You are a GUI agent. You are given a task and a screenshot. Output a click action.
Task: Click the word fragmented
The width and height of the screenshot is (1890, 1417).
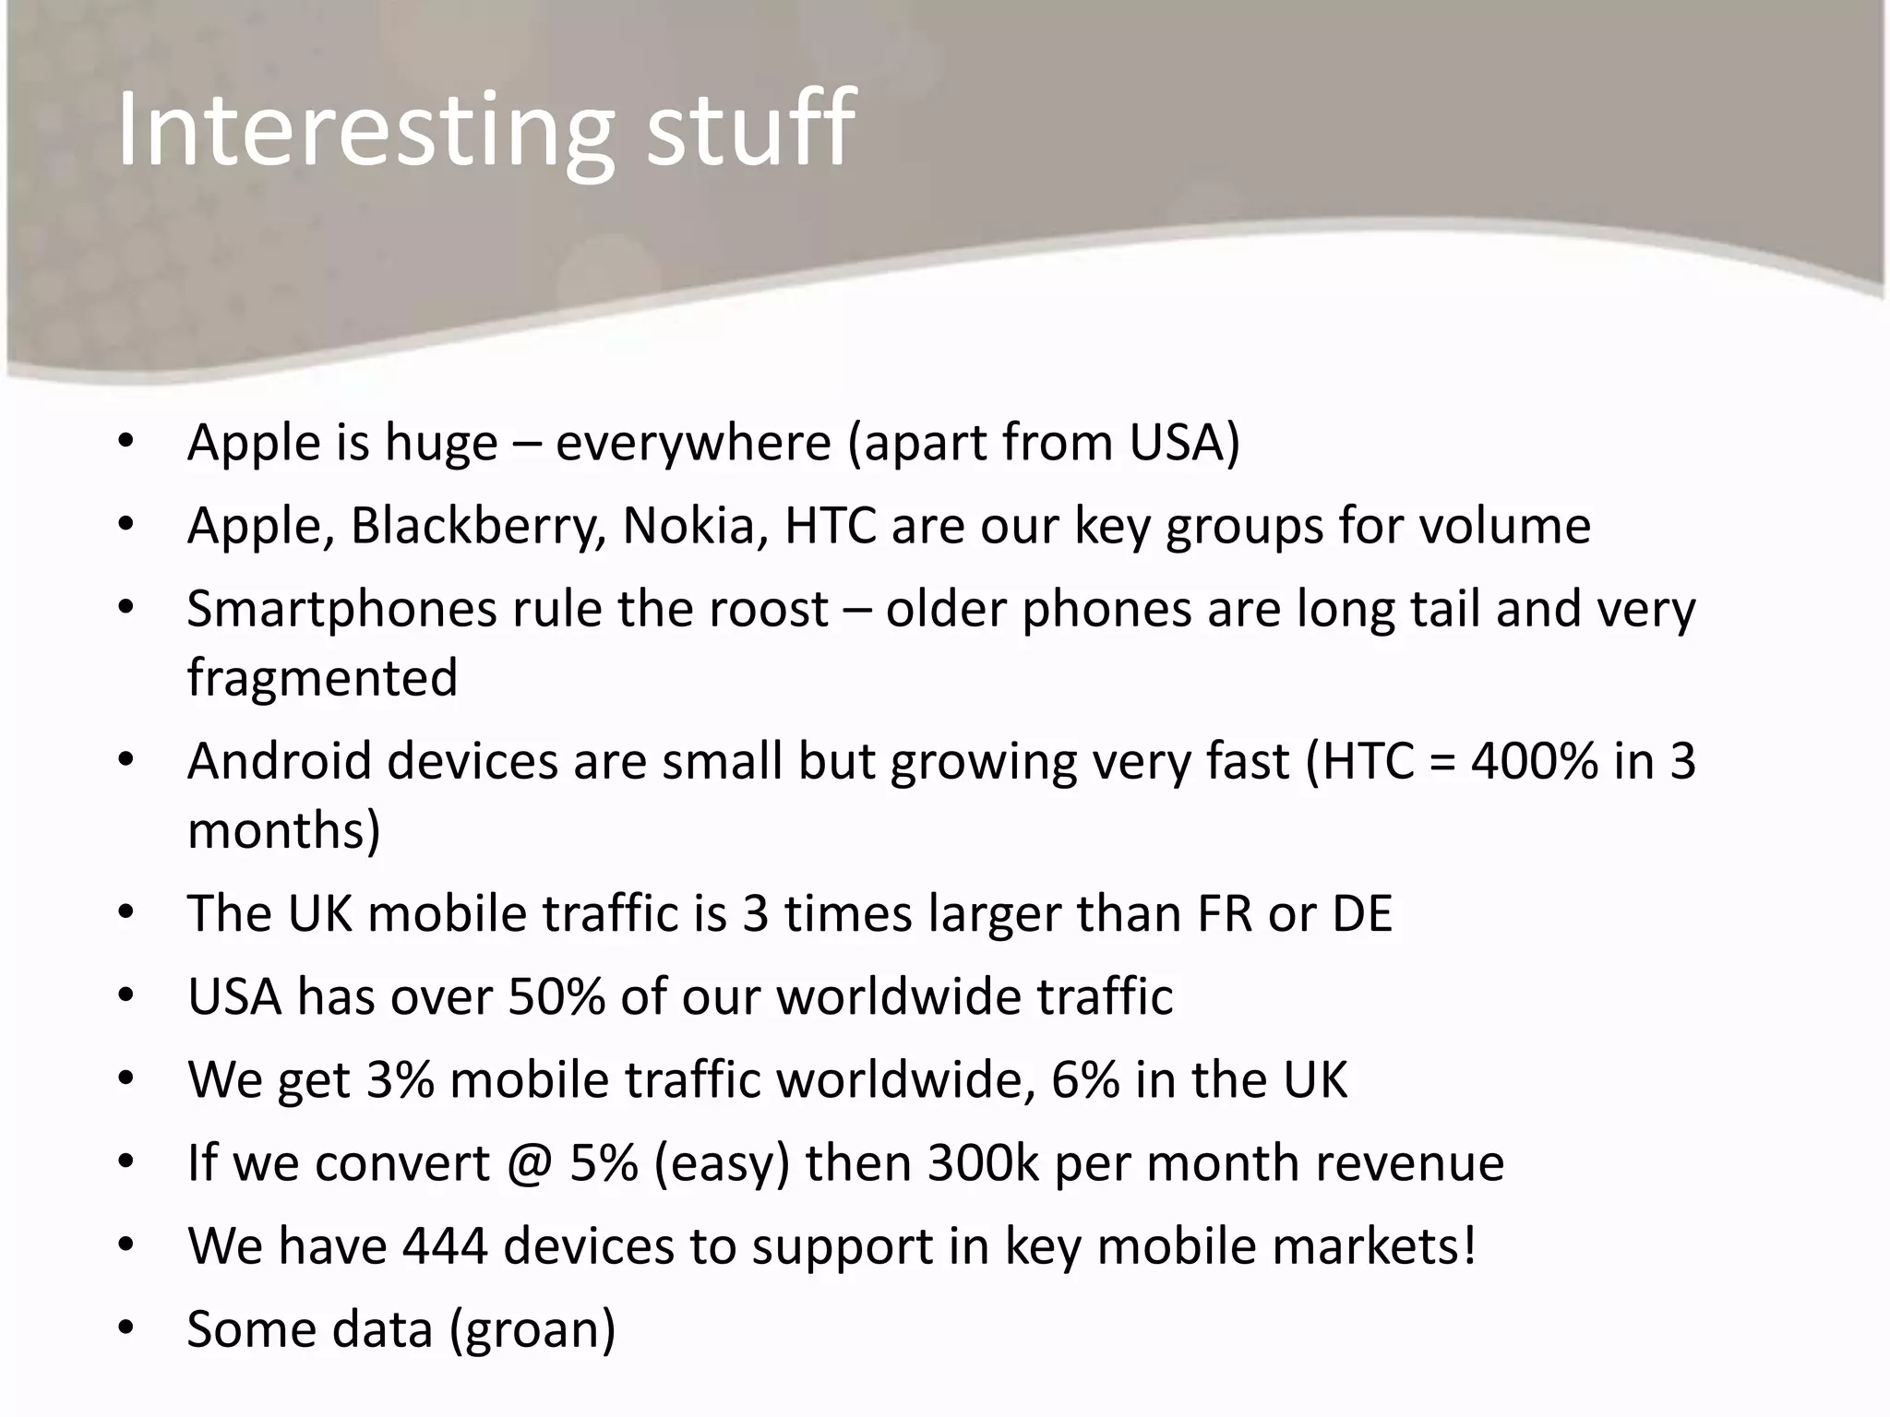[322, 677]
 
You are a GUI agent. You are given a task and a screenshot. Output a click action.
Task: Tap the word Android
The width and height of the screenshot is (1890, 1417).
[279, 762]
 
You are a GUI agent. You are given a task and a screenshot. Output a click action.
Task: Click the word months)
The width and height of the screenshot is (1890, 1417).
[283, 830]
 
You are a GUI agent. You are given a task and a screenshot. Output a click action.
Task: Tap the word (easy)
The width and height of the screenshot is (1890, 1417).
[722, 1164]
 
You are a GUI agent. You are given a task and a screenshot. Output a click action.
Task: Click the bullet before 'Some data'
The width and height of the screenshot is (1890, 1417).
[126, 1329]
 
